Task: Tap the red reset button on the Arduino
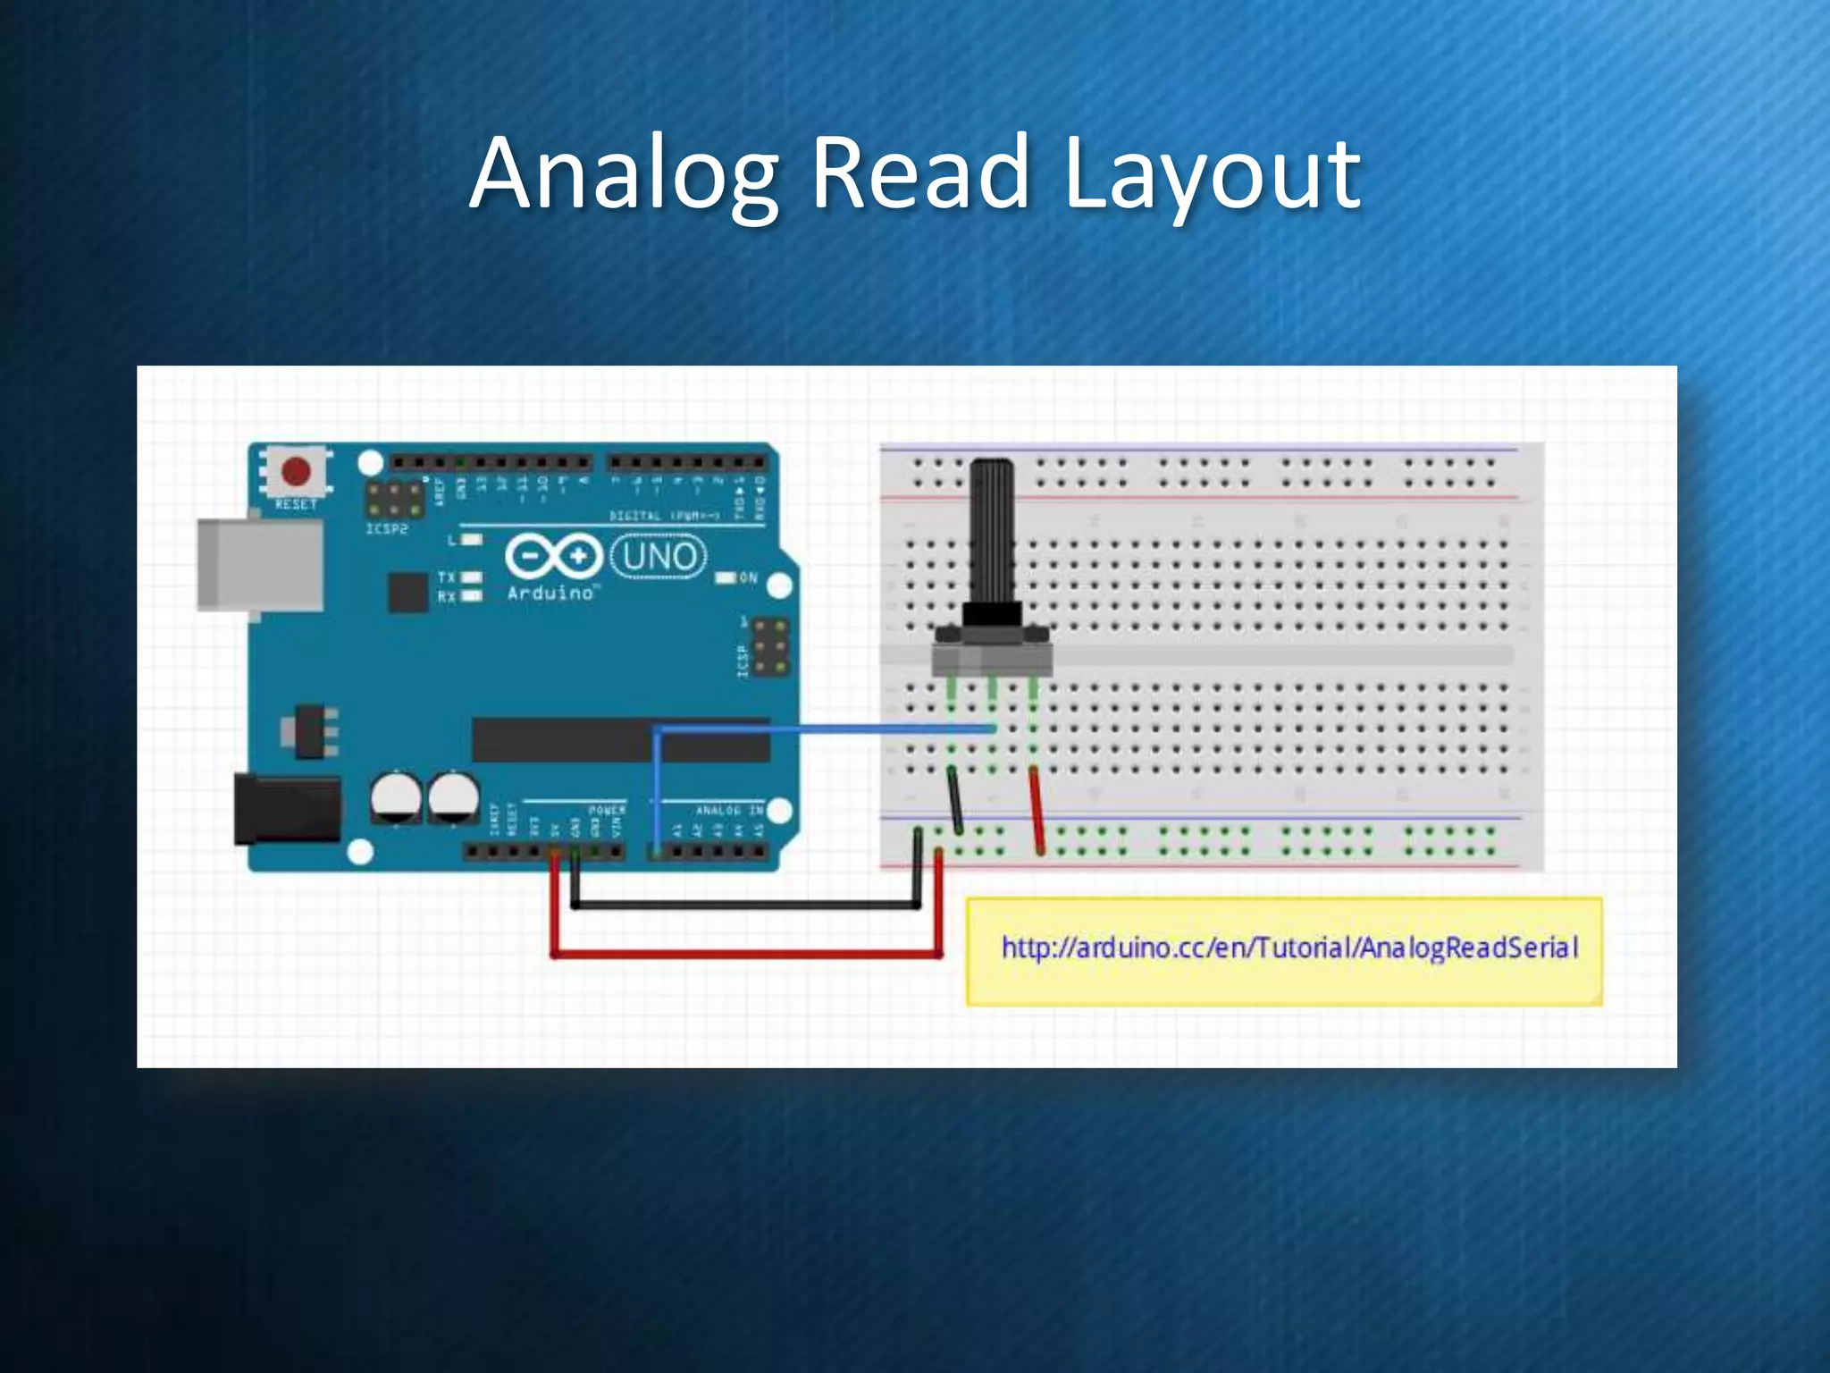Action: click(x=296, y=470)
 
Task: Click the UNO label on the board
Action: click(x=659, y=557)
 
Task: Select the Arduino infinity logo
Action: click(x=554, y=556)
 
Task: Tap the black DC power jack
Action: click(x=286, y=810)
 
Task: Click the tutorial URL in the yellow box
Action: click(x=1289, y=948)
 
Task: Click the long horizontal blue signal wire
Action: click(x=822, y=730)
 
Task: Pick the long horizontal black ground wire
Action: click(x=746, y=906)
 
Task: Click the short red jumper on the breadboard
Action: click(x=1037, y=810)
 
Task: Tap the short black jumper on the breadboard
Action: click(x=955, y=799)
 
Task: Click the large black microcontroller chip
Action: click(x=620, y=740)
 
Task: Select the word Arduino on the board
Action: click(x=550, y=593)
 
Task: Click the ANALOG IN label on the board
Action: click(x=729, y=811)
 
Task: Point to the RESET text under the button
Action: click(x=297, y=505)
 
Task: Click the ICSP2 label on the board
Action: click(x=387, y=529)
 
